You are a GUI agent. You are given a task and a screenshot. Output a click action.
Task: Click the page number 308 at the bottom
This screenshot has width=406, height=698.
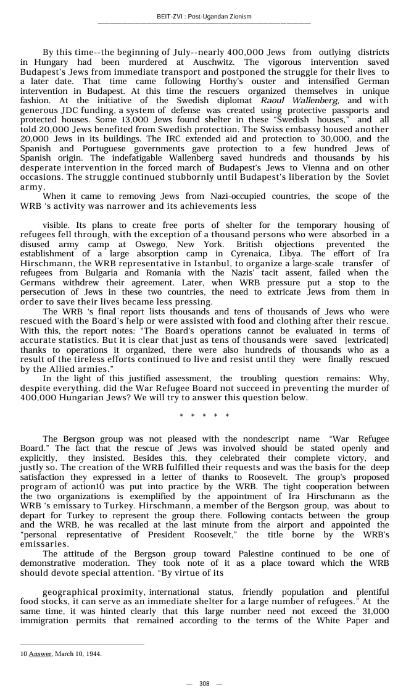(x=204, y=684)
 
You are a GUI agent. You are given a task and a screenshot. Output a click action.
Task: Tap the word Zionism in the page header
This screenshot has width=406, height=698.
(x=238, y=16)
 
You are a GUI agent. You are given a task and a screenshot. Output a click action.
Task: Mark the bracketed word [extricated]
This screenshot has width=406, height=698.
(x=367, y=340)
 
